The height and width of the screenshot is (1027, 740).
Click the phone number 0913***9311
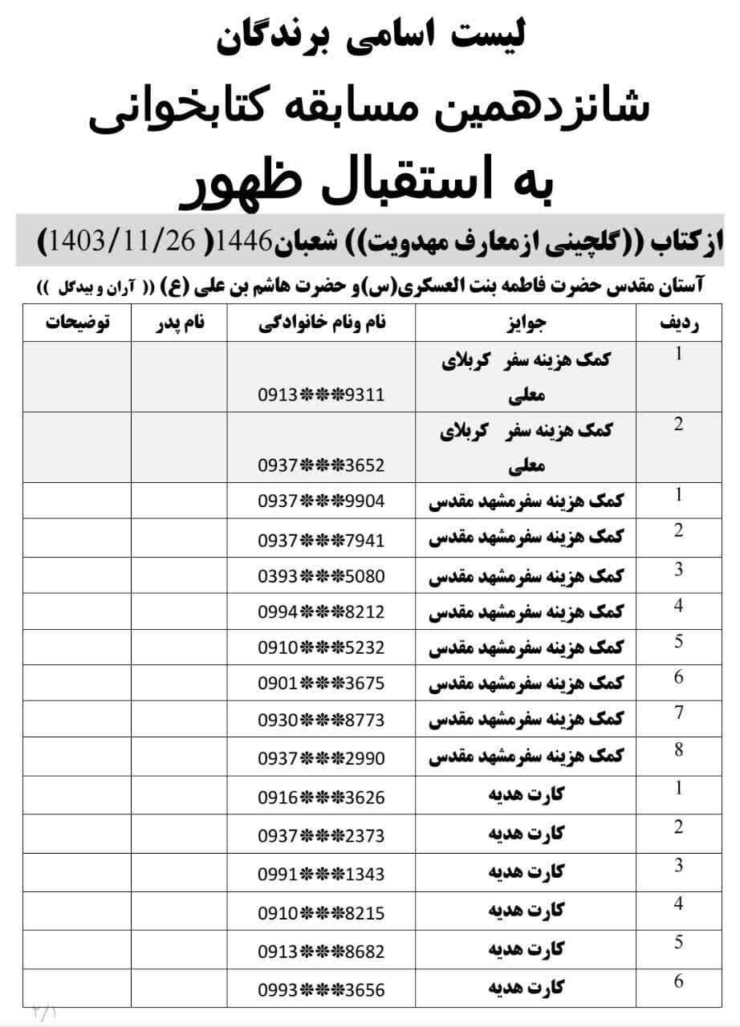(321, 395)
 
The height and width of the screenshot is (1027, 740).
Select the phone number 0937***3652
(321, 465)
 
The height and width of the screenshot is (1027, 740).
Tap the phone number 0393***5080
(321, 576)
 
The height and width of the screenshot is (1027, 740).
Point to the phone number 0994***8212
(321, 612)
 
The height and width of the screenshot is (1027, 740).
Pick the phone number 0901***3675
(321, 684)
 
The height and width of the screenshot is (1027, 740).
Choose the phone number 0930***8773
(321, 720)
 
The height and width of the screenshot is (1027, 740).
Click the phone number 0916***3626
(321, 798)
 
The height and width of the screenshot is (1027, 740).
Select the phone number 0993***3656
(321, 990)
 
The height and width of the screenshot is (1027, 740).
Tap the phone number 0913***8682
(321, 952)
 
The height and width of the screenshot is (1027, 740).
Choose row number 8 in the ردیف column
(678, 749)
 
